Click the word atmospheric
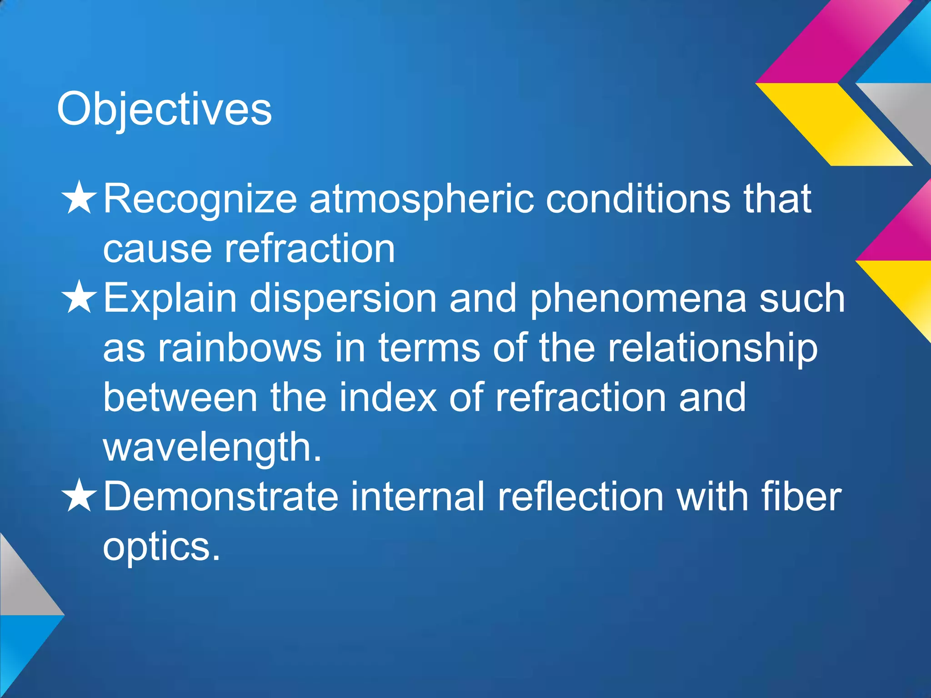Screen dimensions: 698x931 point(421,200)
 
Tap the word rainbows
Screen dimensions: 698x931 point(240,348)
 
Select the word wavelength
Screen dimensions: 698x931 point(212,448)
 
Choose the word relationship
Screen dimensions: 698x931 point(712,349)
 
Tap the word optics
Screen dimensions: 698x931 point(161,547)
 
